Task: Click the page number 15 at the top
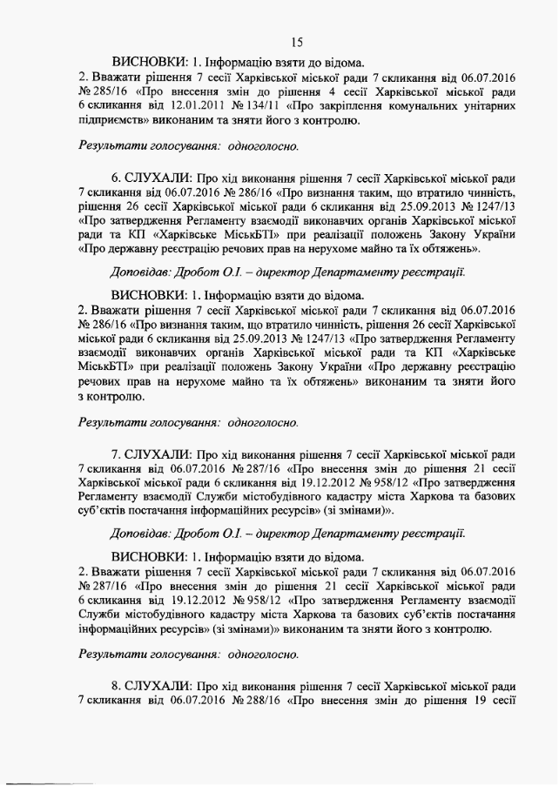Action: pos(297,42)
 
